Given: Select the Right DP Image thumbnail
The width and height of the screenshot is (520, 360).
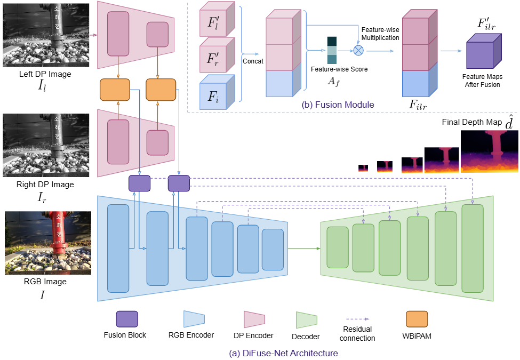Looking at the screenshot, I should [x=46, y=145].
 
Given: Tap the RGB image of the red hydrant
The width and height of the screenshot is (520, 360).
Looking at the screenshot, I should [x=46, y=243].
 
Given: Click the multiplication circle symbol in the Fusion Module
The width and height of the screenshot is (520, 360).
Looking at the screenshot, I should [x=358, y=50].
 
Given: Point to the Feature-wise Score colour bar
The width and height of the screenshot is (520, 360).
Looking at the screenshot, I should [x=332, y=51].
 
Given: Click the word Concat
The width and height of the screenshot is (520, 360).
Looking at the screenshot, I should [x=253, y=61].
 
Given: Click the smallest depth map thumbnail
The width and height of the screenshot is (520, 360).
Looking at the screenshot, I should [x=363, y=168].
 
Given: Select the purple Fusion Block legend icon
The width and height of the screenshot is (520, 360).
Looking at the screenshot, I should [x=127, y=319].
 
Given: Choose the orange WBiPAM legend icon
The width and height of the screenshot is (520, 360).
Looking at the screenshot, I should [x=417, y=319].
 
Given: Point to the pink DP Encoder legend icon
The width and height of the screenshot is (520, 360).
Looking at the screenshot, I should [x=254, y=319].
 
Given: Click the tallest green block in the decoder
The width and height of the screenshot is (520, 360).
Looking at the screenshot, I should [x=472, y=248].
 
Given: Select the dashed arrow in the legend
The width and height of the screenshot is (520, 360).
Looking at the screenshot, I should [x=357, y=318].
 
